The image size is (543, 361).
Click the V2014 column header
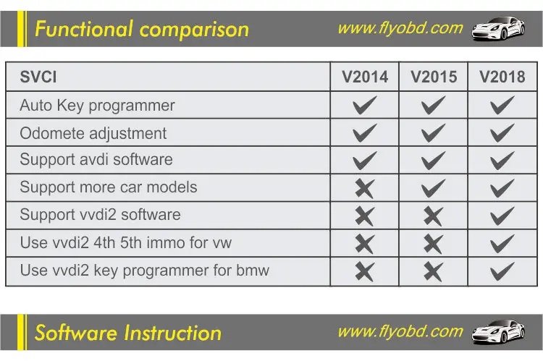tap(365, 77)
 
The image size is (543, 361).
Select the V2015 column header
tap(434, 77)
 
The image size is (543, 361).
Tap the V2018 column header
tap(502, 77)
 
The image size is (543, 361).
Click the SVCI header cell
tap(38, 77)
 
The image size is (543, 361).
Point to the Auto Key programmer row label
tap(97, 106)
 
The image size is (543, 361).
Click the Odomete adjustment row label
tap(93, 134)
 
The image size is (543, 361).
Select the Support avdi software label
tap(96, 160)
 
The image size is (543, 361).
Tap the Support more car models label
tap(108, 187)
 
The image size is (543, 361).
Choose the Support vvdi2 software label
tap(100, 215)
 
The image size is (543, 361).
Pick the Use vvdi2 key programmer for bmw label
tap(144, 271)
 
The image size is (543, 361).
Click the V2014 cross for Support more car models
tap(365, 188)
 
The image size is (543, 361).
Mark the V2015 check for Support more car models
tap(433, 188)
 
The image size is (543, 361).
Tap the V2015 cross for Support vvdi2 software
tap(433, 216)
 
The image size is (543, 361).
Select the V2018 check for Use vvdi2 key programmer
tap(502, 271)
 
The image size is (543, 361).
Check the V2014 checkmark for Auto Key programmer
tap(365, 106)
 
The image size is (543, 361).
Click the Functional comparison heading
tap(142, 30)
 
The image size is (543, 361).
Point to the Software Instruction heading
tap(128, 334)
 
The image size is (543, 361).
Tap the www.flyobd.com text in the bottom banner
tap(400, 332)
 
